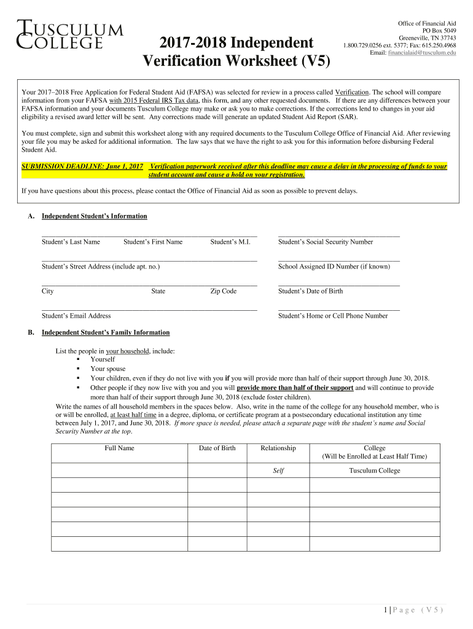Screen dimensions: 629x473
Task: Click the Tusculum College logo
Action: pos(69,34)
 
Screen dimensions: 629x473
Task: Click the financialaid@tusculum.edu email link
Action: pos(422,53)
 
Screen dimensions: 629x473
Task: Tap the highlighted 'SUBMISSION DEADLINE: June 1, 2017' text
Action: pos(82,166)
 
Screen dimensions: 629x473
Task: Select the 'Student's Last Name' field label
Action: pos(71,242)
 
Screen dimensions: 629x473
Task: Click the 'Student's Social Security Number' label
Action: pos(326,242)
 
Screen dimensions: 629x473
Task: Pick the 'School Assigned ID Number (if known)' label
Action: pos(334,267)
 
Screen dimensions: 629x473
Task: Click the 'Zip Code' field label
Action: pos(223,291)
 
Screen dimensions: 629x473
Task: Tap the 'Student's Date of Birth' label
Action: pos(310,291)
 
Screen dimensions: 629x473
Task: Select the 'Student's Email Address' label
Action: pos(76,316)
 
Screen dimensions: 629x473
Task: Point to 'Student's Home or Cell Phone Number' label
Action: pos(333,316)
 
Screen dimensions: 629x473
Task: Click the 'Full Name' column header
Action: pos(119,448)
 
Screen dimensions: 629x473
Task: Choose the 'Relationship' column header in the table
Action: pos(278,448)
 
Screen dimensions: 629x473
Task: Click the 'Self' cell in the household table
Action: pos(278,471)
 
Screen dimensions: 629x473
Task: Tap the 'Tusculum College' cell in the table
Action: pos(374,471)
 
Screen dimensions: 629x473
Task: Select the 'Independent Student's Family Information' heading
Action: pos(106,333)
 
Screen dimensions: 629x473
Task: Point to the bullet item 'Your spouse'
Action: pos(107,369)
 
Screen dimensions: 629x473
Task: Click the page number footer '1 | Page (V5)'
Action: pos(412,610)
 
